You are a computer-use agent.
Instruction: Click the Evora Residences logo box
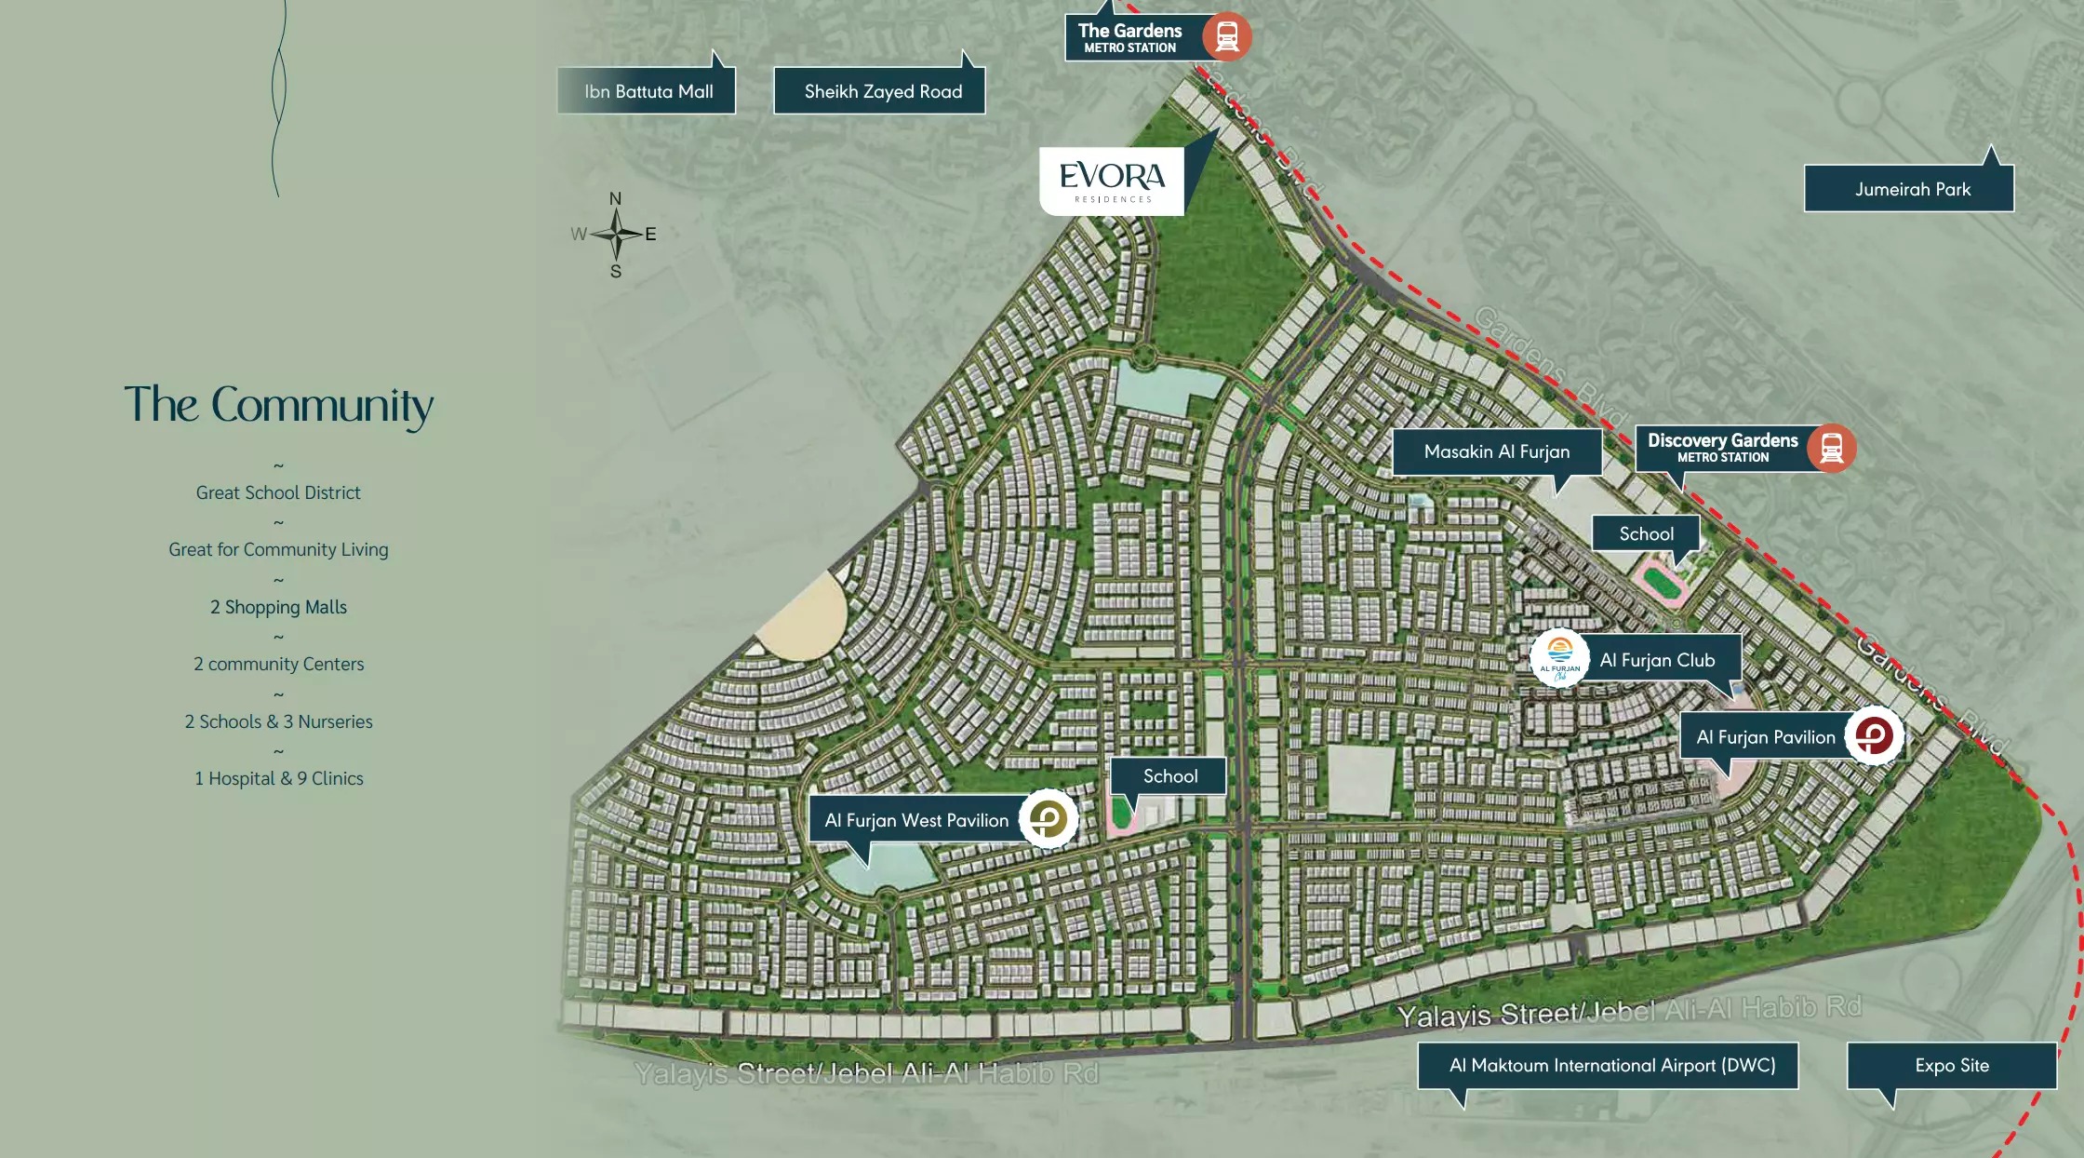[x=1112, y=182]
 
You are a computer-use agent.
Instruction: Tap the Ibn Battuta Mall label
[x=648, y=91]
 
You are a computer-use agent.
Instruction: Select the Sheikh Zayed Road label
[x=882, y=91]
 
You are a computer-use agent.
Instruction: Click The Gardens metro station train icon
[x=1226, y=36]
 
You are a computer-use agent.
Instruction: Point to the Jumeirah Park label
[x=1912, y=189]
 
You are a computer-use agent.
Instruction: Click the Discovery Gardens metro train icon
[x=1831, y=448]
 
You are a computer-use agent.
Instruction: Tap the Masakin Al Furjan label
[x=1496, y=451]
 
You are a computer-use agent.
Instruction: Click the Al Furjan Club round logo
[x=1559, y=658]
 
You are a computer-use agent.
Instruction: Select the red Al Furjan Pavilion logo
[x=1873, y=736]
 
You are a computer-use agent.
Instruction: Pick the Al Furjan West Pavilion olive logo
[x=1048, y=819]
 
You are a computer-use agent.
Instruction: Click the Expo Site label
[x=1951, y=1065]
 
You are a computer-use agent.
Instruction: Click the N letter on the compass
[x=615, y=199]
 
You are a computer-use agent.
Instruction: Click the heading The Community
[x=278, y=405]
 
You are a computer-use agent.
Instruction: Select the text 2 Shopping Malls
[x=278, y=607]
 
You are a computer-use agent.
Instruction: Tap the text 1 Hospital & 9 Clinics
[x=278, y=778]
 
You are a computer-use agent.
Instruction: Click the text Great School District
[x=278, y=492]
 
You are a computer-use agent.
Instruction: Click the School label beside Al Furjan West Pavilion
[x=1169, y=775]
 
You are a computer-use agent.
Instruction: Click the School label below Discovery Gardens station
[x=1646, y=533]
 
